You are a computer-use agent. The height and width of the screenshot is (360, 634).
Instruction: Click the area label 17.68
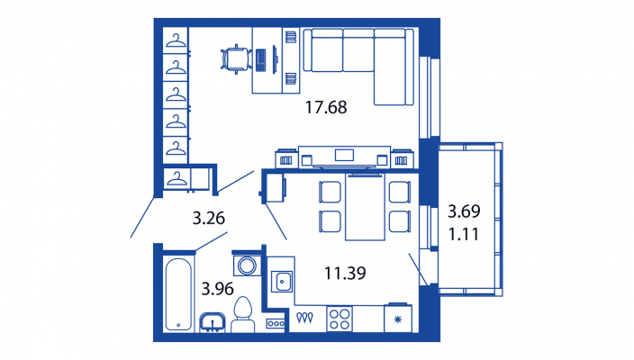(326, 107)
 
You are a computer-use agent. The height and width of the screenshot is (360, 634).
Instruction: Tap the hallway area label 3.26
(209, 218)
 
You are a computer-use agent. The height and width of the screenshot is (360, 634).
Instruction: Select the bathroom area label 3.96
(218, 289)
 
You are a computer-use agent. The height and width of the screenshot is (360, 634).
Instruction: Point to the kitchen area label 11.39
(345, 273)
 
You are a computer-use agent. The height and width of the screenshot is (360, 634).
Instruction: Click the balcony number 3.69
(464, 211)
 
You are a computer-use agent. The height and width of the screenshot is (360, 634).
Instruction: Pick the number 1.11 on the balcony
(464, 234)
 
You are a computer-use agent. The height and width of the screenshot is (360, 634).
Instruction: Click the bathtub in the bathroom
(178, 294)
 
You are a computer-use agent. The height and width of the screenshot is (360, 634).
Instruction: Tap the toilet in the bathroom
(243, 315)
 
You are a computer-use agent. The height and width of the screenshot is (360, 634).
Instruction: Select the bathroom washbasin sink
(213, 322)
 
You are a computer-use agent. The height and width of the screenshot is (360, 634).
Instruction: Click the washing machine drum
(247, 265)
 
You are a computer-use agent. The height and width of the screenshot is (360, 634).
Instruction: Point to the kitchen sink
(282, 281)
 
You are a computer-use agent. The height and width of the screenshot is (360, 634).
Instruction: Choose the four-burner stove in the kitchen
(340, 319)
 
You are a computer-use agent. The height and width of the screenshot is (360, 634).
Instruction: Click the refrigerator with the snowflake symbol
(398, 318)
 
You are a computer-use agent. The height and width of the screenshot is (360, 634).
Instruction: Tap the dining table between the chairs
(365, 207)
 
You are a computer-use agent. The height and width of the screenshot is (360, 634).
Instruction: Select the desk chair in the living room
(236, 59)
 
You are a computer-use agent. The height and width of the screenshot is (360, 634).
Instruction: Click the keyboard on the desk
(261, 60)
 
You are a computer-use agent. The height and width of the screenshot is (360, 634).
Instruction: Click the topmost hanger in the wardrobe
(176, 40)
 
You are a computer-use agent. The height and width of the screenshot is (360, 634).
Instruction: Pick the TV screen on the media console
(345, 155)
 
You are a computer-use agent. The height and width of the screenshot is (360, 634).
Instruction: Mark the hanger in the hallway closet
(177, 178)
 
